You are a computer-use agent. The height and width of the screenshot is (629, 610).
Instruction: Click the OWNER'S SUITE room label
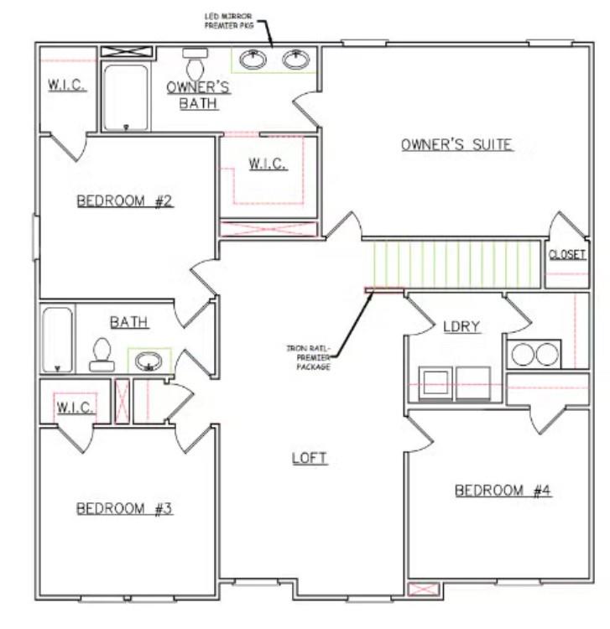click(x=456, y=144)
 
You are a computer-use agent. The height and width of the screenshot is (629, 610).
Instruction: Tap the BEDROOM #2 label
click(x=125, y=201)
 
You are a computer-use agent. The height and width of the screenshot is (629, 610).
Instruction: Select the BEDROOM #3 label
click(x=124, y=508)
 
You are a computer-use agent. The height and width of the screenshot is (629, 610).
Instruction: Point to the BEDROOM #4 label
click(x=503, y=491)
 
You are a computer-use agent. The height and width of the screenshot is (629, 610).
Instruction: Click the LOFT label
click(x=309, y=458)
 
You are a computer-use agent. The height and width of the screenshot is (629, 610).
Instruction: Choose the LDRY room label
click(x=461, y=326)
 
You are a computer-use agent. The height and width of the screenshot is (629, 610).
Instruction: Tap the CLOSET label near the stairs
click(x=566, y=254)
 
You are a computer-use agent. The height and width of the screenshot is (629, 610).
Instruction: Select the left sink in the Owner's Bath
click(x=253, y=60)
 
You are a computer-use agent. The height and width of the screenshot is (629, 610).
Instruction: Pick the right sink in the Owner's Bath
click(x=294, y=60)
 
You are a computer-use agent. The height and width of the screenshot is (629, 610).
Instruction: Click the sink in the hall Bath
click(x=149, y=361)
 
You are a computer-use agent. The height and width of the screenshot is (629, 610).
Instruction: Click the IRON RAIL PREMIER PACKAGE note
click(x=307, y=357)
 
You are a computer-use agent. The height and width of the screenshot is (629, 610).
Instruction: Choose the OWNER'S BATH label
click(x=198, y=95)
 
